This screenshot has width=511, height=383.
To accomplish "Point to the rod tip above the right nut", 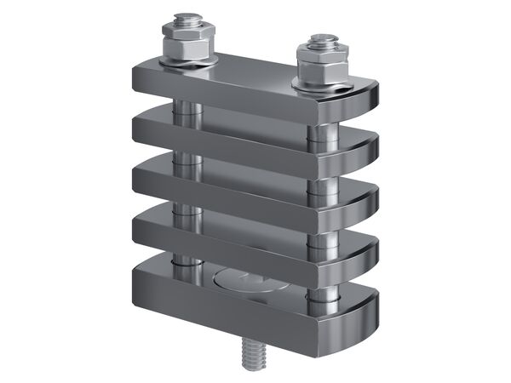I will [321, 39].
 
